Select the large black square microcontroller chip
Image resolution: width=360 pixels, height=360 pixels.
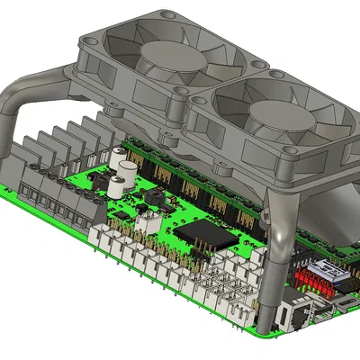202,233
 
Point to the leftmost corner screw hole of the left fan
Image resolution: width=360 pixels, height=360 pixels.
89,40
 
